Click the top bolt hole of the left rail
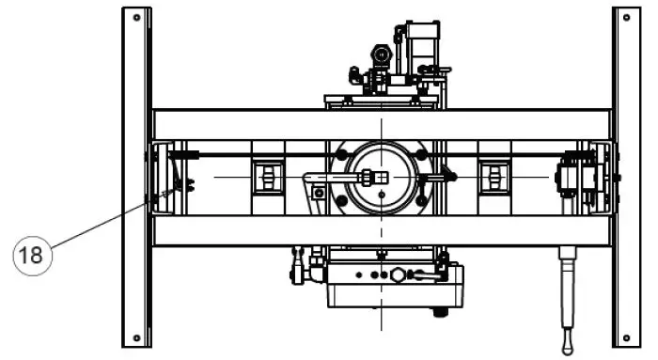137,18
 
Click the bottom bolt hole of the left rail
137,337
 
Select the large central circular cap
381,176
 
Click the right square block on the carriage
492,176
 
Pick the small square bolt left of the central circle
320,193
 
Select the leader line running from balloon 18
103,221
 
